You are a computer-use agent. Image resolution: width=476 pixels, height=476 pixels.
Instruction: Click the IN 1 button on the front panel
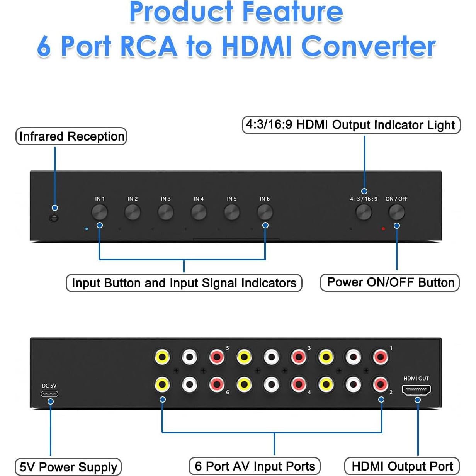pos(99,212)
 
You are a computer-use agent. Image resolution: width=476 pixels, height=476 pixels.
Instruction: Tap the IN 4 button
pos(199,212)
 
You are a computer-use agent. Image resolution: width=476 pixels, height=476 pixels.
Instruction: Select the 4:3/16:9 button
pos(364,212)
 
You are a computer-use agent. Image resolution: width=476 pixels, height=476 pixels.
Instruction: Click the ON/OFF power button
pos(396,212)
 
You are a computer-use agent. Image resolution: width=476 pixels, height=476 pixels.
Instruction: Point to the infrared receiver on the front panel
pos(54,218)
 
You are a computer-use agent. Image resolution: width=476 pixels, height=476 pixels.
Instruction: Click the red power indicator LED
pos(383,229)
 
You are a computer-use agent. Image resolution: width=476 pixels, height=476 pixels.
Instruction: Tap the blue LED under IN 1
pos(87,229)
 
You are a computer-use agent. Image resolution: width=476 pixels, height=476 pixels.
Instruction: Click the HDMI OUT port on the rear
pos(416,390)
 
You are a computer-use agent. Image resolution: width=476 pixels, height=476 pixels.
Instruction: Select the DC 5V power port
pos(50,394)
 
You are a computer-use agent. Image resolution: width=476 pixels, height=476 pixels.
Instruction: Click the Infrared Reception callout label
pos(71,136)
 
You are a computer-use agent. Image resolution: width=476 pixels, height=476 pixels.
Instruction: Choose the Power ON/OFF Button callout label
pos(390,282)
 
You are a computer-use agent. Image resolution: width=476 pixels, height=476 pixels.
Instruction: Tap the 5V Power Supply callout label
pos(68,467)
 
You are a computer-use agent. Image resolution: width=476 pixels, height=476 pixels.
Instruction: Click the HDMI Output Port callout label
pos(402,466)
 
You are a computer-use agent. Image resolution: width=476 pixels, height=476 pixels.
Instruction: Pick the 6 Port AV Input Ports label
pos(255,466)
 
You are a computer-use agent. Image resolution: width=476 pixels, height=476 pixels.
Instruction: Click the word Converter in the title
pos(368,47)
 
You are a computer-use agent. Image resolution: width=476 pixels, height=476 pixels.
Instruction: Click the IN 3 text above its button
pos(166,199)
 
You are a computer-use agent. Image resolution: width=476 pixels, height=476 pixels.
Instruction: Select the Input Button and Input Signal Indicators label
pos(184,283)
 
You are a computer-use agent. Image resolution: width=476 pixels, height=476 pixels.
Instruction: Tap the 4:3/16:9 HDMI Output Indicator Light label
pos(351,125)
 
